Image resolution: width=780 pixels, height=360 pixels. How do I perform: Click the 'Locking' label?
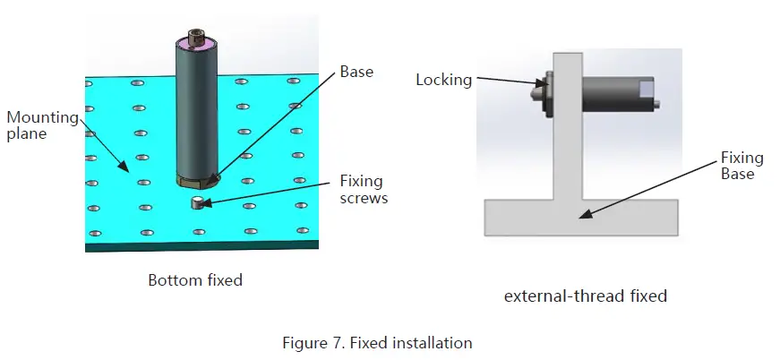(443, 80)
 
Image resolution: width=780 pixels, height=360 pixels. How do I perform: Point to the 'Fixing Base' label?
(741, 166)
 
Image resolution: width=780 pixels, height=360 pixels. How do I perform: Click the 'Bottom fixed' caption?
(195, 280)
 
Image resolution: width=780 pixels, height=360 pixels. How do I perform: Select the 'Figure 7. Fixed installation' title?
(377, 342)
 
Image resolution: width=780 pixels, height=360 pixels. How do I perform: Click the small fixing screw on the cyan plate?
(197, 204)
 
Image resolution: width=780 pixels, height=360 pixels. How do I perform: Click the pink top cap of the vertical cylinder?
(196, 42)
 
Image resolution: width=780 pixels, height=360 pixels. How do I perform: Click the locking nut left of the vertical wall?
(541, 94)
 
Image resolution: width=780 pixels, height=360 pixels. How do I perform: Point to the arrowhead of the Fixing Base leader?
(581, 215)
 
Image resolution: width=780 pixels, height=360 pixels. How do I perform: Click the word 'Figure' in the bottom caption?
(304, 342)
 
